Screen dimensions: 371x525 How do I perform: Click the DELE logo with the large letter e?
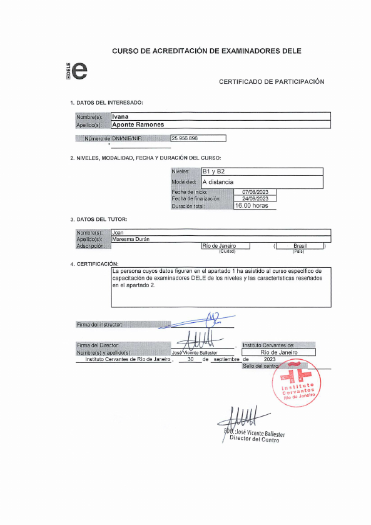click(x=78, y=70)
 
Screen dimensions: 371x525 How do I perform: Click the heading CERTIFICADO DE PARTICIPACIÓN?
click(x=272, y=82)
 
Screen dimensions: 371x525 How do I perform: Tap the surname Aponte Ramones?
click(x=138, y=125)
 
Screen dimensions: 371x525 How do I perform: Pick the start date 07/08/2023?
click(x=255, y=192)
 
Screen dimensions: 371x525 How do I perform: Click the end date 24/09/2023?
click(x=255, y=198)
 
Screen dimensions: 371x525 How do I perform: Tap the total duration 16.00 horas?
click(x=252, y=205)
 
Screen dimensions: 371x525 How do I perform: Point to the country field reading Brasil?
click(x=300, y=247)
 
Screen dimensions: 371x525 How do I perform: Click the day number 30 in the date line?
click(x=190, y=360)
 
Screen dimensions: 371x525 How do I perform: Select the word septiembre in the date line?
click(x=226, y=360)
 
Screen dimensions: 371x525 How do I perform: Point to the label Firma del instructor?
click(x=99, y=325)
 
